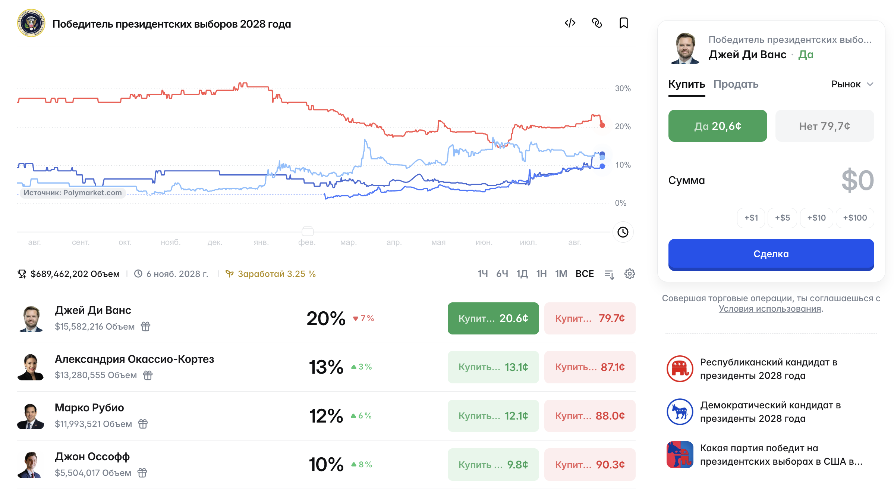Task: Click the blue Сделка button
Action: [771, 254]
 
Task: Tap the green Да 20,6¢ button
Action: [718, 126]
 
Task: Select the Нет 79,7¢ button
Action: [825, 126]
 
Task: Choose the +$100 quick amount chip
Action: [855, 218]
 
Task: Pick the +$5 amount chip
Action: [782, 218]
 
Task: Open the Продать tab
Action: [736, 84]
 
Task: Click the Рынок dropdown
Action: [852, 84]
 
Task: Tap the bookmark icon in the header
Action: [624, 23]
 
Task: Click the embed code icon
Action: [570, 23]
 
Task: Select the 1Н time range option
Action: [541, 274]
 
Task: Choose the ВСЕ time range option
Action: [585, 274]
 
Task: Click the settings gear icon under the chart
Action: [630, 274]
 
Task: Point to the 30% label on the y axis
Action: [623, 88]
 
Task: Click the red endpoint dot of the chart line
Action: [602, 125]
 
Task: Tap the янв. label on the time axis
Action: [261, 242]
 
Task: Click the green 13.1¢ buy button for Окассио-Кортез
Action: [493, 367]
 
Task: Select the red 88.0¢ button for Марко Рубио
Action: [590, 416]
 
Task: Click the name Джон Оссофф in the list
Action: [92, 457]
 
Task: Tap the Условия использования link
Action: [770, 309]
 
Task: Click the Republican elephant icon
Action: [680, 369]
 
